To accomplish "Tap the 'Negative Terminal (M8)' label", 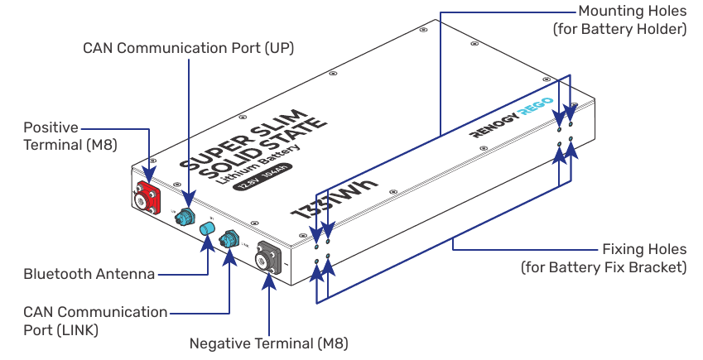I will [268, 343].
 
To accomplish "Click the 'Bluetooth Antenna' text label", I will [89, 274].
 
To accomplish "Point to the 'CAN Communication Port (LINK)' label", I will [95, 321].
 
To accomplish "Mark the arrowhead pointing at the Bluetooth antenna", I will [207, 246].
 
